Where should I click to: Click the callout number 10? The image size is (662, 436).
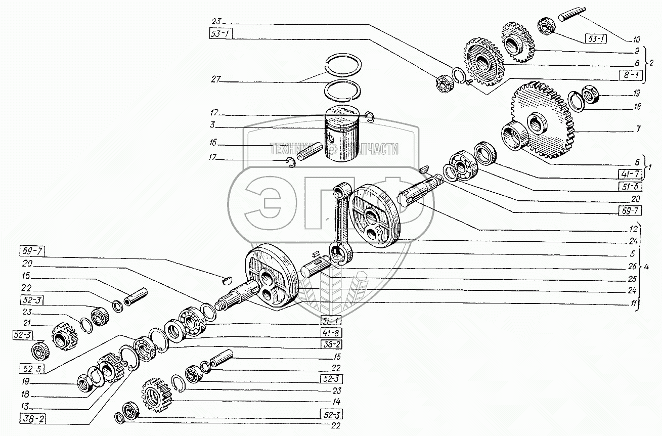coord(636,38)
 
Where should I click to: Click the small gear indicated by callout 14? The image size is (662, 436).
coord(155,395)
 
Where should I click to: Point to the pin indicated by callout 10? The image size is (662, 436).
coord(571,14)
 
